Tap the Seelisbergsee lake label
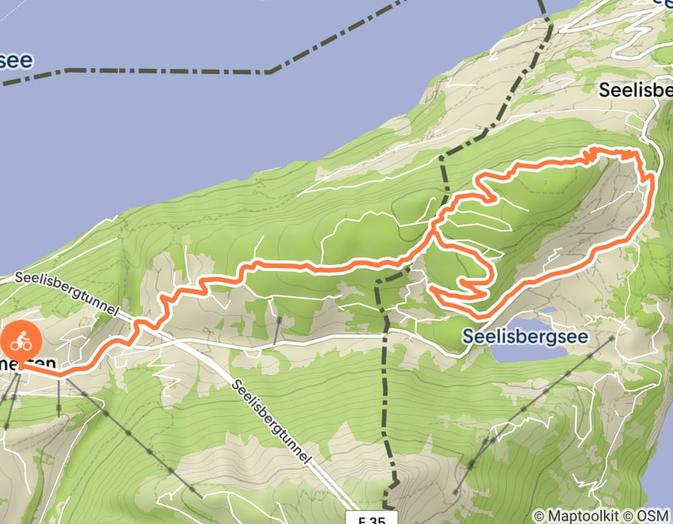coord(524,337)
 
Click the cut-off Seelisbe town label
coord(636,91)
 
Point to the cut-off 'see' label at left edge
coord(15,60)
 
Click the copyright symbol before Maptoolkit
coord(539,516)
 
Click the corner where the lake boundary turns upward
coord(268,72)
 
